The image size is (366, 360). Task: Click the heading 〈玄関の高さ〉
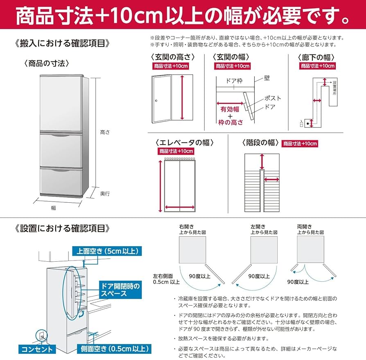pos(172,57)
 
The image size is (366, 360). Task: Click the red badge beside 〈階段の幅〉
pos(299,143)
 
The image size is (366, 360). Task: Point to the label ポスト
pos(273,98)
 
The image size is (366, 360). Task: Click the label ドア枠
pos(234,81)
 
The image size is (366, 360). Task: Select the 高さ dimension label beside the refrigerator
pos(105,132)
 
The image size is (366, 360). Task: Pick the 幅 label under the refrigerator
pos(53,208)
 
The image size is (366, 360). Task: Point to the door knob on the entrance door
pos(156,101)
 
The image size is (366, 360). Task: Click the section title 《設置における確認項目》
pos(62,228)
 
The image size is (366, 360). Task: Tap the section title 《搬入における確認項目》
pos(62,43)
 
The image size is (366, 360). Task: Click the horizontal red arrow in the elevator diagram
pos(180,207)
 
